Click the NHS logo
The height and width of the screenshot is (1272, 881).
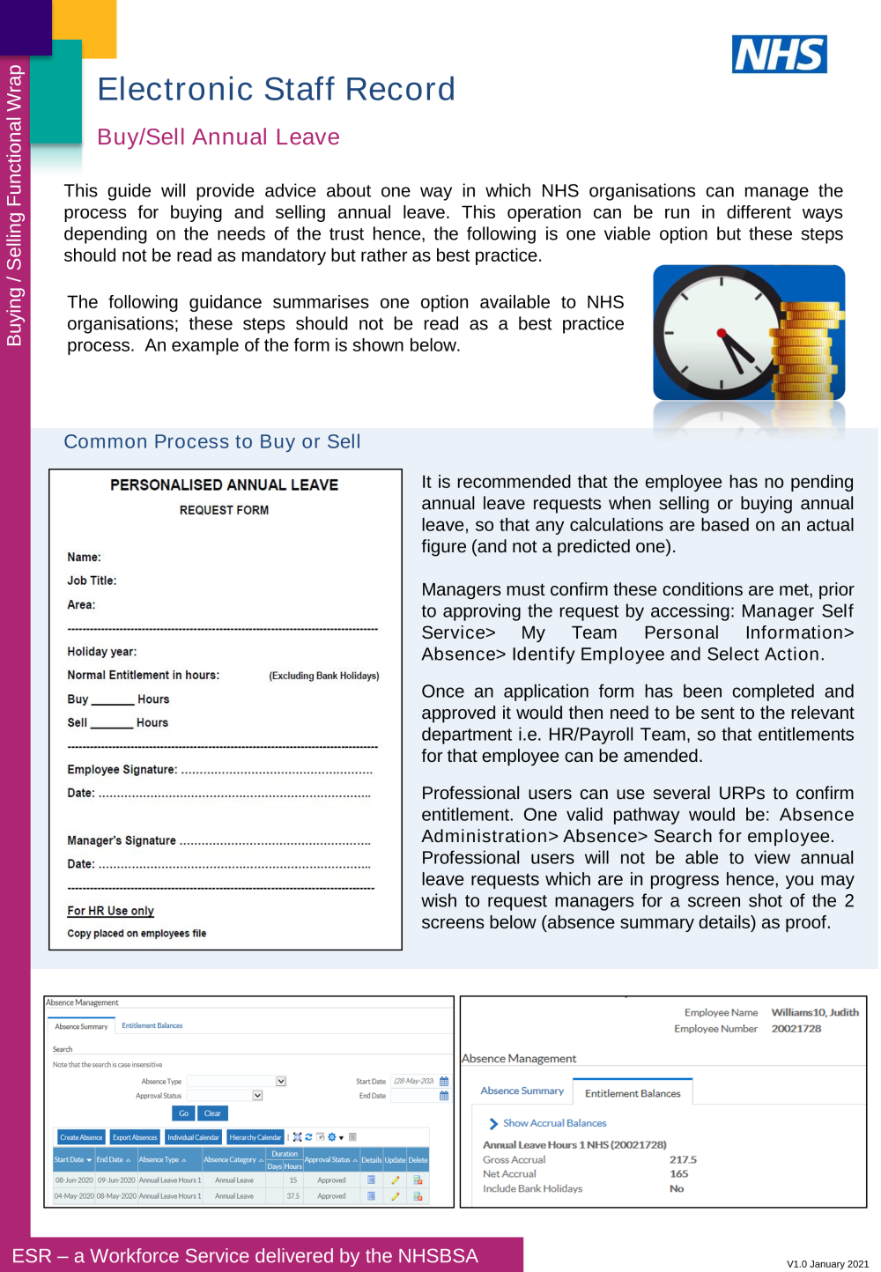pyautogui.click(x=779, y=55)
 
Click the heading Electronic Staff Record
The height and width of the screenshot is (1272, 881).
pyautogui.click(x=276, y=89)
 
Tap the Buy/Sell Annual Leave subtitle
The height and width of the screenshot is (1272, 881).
pyautogui.click(x=218, y=137)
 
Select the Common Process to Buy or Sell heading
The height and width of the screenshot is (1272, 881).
pyautogui.click(x=212, y=441)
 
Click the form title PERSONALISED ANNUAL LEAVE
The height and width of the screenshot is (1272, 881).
pyautogui.click(x=224, y=485)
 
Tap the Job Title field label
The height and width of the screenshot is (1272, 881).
pyautogui.click(x=92, y=581)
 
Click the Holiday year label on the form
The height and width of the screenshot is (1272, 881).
pyautogui.click(x=102, y=652)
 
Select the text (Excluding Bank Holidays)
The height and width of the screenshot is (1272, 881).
pyautogui.click(x=323, y=676)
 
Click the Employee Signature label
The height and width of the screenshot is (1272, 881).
pyautogui.click(x=122, y=770)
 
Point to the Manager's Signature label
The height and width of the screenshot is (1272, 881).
pyautogui.click(x=122, y=841)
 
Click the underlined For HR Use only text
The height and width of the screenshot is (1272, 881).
pyautogui.click(x=111, y=911)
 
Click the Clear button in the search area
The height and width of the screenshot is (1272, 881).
pyautogui.click(x=212, y=1113)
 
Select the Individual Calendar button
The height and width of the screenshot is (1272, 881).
pyautogui.click(x=193, y=1137)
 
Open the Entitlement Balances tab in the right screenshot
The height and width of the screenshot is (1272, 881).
pyautogui.click(x=633, y=1093)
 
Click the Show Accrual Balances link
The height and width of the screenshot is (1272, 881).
pyautogui.click(x=554, y=1123)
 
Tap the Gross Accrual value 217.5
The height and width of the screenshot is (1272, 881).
pyautogui.click(x=683, y=1160)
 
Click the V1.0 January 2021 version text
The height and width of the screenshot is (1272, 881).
pyautogui.click(x=827, y=1264)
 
